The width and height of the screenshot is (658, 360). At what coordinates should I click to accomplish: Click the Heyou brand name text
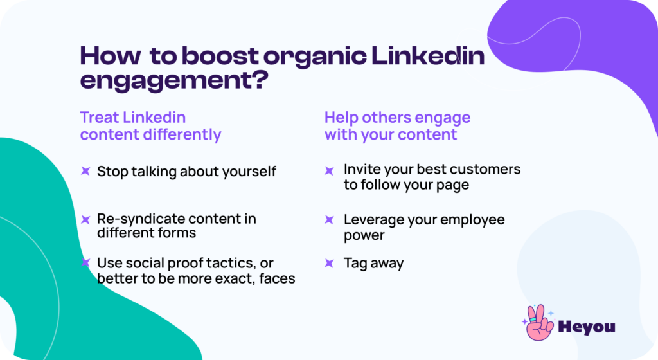click(587, 327)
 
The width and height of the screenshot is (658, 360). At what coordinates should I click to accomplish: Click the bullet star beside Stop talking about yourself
click(85, 171)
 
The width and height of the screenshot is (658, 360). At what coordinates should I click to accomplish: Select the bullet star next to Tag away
click(329, 263)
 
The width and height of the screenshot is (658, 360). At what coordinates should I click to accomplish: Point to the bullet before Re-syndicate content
click(85, 219)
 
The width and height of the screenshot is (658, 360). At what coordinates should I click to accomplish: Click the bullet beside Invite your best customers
click(329, 170)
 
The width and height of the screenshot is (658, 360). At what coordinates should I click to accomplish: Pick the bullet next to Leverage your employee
click(329, 220)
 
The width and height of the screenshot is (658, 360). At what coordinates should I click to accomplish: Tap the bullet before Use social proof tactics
click(85, 263)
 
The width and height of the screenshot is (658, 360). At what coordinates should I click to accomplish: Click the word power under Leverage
click(364, 235)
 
